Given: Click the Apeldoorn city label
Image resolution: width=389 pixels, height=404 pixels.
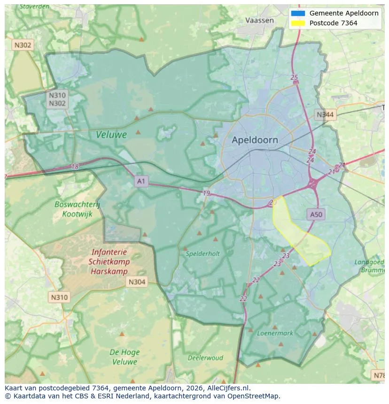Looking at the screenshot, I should (x=255, y=140).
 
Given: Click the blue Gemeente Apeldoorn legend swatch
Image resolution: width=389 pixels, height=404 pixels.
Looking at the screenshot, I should (x=298, y=13).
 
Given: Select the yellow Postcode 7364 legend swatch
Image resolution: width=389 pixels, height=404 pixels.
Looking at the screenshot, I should (x=298, y=23).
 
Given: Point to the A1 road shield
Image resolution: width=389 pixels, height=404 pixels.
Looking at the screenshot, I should (x=141, y=181).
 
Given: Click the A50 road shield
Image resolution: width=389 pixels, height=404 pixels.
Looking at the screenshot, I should (x=316, y=214).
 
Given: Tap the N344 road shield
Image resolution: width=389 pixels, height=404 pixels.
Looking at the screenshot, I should (x=325, y=114).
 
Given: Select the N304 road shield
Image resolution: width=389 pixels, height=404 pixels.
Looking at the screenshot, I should (x=137, y=282).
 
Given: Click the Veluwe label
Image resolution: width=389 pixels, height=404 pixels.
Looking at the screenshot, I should (x=111, y=135).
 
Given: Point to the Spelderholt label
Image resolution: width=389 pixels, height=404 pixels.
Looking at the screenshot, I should (x=203, y=253).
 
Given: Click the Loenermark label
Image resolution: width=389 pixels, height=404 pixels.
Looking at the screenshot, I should (x=275, y=333).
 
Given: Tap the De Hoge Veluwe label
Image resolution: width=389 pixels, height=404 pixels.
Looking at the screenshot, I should (x=124, y=357).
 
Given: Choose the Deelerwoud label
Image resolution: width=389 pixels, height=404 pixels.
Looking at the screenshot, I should (x=205, y=358).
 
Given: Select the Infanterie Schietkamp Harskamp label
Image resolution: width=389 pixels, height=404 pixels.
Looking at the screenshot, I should (x=109, y=262).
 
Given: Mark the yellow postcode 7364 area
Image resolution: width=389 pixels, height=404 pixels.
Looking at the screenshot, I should (x=301, y=237).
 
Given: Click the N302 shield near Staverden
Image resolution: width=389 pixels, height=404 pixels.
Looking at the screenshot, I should (x=23, y=45).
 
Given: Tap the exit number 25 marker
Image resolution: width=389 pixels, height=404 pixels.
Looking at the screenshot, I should (x=295, y=77).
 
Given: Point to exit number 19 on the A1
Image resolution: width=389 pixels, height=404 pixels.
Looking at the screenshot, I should (x=207, y=193).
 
